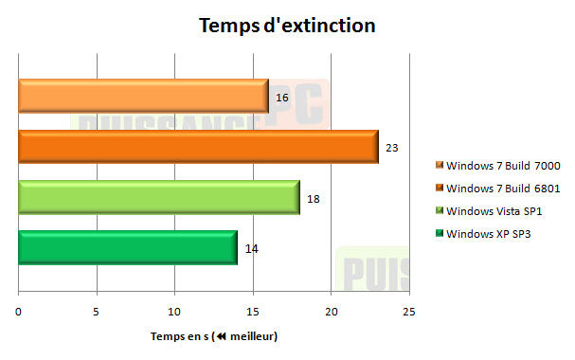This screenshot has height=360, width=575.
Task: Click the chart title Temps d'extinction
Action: tap(287, 26)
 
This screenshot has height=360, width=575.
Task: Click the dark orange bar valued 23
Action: tap(197, 147)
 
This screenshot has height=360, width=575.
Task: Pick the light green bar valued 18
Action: tap(158, 197)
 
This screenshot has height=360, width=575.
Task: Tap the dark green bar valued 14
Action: tap(127, 247)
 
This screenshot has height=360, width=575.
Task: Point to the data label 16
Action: tap(282, 98)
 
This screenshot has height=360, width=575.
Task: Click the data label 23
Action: tap(391, 148)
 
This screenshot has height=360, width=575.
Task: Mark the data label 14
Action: tap(251, 248)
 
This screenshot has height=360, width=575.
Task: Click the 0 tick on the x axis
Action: tap(18, 312)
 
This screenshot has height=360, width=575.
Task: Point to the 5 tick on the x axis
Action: tap(97, 312)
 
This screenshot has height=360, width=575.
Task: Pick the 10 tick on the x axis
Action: tap(174, 312)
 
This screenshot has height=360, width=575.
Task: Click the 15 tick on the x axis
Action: tap(252, 312)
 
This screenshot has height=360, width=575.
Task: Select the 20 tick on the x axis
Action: tap(331, 312)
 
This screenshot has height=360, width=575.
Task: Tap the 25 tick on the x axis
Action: tap(408, 312)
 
